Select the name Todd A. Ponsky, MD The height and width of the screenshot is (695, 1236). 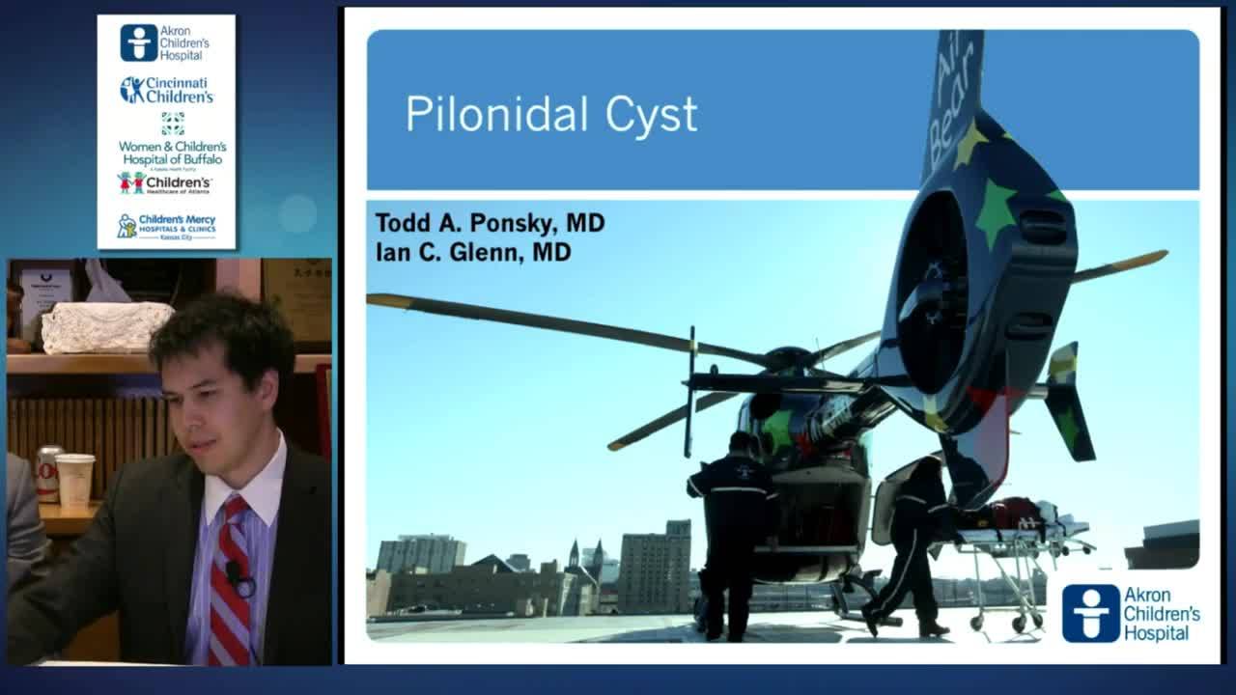490,223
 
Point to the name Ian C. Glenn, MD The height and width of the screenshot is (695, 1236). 473,253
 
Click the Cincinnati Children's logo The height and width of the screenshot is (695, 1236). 166,90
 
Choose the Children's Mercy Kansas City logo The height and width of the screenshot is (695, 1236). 166,227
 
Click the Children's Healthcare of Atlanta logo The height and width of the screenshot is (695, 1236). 165,182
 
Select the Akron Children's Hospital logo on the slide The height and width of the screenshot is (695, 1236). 1130,613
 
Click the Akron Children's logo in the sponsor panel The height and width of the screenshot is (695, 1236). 165,42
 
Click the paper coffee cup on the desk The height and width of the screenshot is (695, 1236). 74,479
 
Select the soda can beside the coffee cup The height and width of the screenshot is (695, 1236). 48,473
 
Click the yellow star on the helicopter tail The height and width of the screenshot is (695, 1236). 969,145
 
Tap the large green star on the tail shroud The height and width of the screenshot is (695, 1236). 997,211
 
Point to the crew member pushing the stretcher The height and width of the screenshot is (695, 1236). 913,545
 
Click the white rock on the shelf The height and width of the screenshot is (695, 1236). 107,326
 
